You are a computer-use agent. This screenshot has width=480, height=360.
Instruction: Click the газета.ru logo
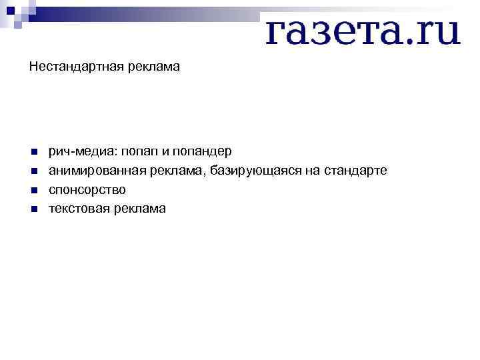[x=363, y=31]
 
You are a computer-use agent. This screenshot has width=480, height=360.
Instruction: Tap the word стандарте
[x=355, y=171]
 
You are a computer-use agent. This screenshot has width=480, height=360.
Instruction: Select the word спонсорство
[x=87, y=190]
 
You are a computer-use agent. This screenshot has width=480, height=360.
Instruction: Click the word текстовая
[x=79, y=209]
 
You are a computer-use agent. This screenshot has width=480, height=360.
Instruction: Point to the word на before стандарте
[x=313, y=171]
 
